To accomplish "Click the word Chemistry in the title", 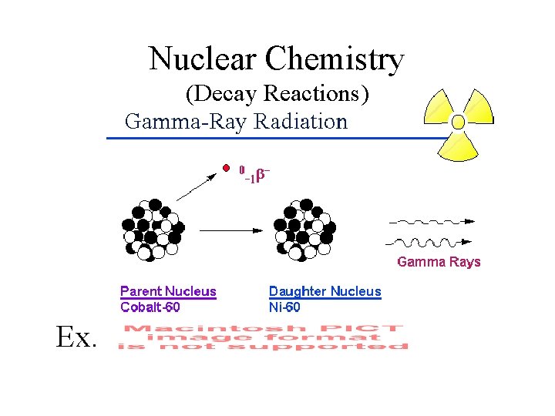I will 334,59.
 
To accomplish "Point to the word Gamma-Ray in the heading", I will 185,122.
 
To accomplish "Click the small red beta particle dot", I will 226,167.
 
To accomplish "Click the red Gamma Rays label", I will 439,262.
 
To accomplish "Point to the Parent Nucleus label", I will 168,291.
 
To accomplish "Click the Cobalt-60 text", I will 150,307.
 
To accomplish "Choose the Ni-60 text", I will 284,307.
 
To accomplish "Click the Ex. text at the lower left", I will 76,337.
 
